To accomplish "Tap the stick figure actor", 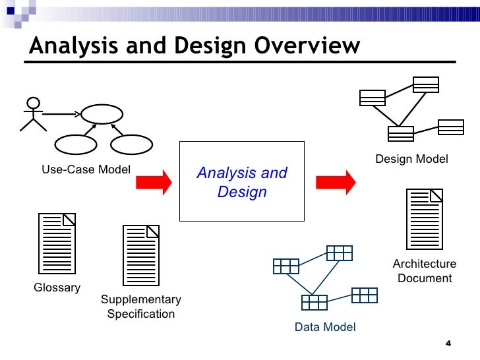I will (32, 115).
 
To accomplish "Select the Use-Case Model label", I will (86, 169).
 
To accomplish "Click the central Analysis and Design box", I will (242, 181).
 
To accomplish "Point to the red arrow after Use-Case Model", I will (154, 181).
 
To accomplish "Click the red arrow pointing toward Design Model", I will (335, 181).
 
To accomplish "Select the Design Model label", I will (411, 159).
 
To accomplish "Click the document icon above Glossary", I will (57, 243).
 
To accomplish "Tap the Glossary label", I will (57, 287).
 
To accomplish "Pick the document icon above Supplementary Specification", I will (141, 255).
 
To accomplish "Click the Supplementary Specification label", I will (140, 307).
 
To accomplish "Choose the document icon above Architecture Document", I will (425, 218).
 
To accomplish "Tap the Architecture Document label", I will (425, 271).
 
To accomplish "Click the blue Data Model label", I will (325, 327).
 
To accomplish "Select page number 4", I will (448, 344).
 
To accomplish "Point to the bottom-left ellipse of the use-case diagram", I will (75, 144).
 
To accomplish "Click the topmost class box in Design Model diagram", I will (425, 84).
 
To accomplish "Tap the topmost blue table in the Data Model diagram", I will (339, 253).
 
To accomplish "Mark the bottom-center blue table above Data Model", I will (315, 302).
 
